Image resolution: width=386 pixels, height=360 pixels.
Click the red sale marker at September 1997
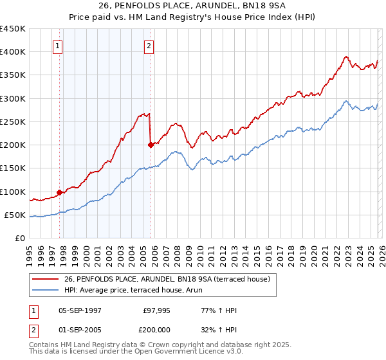[59, 192]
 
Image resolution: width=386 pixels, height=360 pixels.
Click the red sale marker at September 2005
[151, 145]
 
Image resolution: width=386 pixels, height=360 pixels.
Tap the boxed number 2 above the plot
[149, 46]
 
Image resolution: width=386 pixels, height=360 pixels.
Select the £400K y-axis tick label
[13, 52]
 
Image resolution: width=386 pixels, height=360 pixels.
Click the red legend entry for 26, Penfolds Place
[170, 278]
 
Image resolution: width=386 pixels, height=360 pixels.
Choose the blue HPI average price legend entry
[133, 290]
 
